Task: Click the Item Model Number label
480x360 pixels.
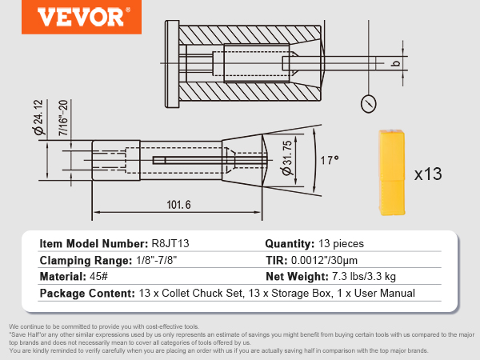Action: [x=93, y=244]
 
